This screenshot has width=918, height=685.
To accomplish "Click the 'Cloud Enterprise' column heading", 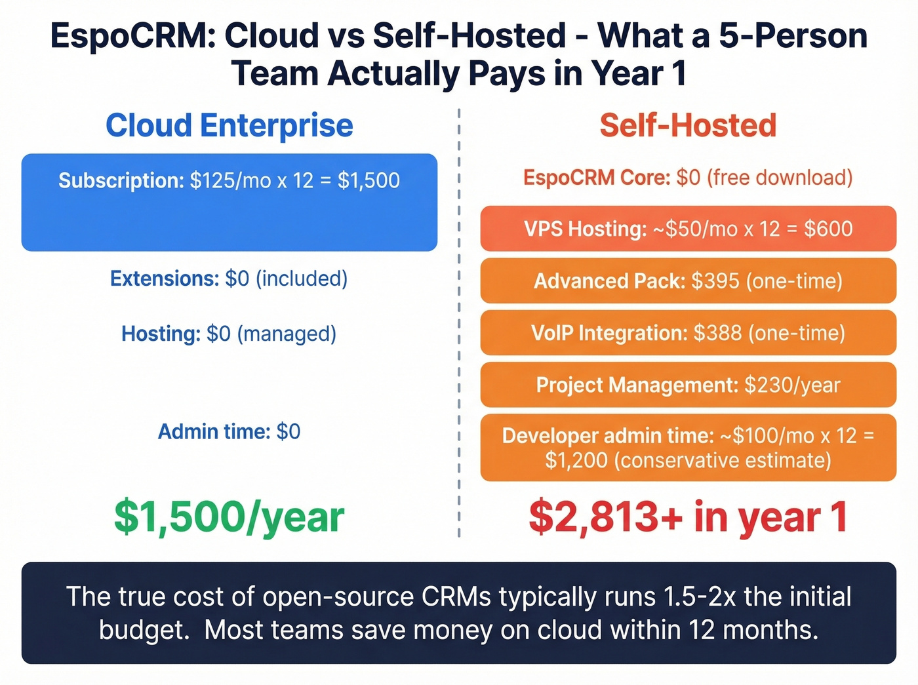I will pos(229,125).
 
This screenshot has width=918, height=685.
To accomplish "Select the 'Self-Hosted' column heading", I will pos(688,125).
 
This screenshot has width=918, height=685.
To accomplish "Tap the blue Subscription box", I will pos(229,202).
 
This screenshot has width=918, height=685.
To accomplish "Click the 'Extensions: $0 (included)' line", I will pos(229,279).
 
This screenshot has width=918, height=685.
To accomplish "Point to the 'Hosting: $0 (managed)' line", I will pos(229,334).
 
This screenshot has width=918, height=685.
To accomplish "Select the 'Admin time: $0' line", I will pos(229,431).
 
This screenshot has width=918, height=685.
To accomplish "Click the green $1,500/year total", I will pos(229,517).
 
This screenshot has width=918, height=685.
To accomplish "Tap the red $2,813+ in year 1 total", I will pos(688,517).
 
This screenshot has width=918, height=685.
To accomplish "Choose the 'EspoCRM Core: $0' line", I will pos(688,178).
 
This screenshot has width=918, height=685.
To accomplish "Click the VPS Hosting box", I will pos(688,229).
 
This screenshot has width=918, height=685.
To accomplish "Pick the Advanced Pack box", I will pos(688,281).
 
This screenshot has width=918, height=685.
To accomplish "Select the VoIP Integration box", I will pos(688,333).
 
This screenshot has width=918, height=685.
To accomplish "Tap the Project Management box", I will pos(688,385).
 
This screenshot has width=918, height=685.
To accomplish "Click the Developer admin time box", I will pos(688,448).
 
